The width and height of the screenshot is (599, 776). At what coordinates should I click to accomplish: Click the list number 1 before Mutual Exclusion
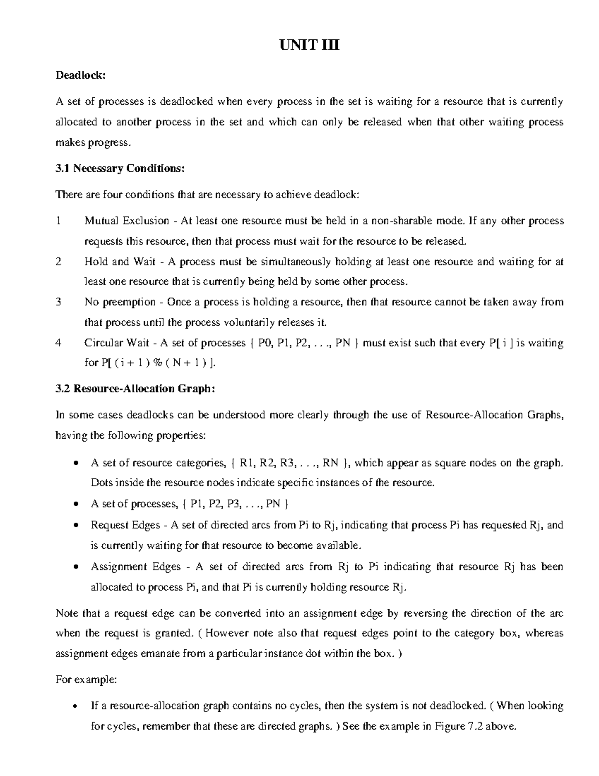[x=59, y=221]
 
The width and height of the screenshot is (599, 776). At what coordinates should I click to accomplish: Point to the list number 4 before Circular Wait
[x=59, y=343]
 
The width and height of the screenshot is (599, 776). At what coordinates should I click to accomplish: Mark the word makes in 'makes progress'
[x=70, y=143]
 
